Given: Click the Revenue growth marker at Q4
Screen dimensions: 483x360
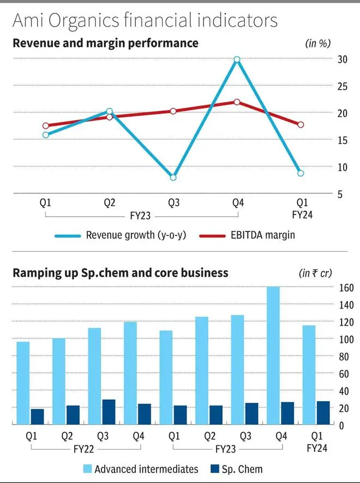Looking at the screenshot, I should [x=237, y=59].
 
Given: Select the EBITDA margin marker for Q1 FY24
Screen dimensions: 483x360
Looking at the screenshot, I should [x=301, y=124].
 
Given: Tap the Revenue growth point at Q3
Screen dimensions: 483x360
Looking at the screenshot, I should [x=173, y=177].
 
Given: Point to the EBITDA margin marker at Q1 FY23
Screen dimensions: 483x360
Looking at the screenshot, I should [x=46, y=126].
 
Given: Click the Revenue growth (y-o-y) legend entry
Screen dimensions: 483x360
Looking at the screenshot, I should [x=119, y=235].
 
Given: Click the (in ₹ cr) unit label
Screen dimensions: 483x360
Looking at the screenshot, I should [x=315, y=272].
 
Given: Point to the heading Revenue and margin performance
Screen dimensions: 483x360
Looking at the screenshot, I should [x=105, y=42].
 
